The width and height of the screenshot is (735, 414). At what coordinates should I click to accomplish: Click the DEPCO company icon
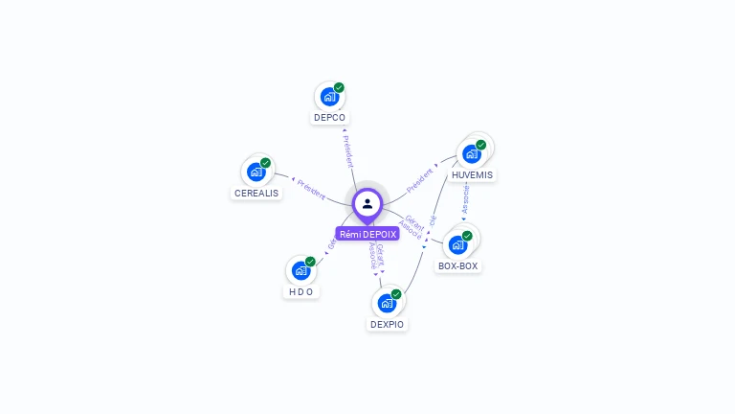click(329, 97)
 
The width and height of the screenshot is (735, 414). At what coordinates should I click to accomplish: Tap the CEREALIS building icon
click(256, 172)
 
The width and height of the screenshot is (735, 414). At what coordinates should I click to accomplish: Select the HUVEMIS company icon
click(472, 153)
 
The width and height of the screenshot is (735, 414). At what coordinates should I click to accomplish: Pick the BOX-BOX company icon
click(458, 244)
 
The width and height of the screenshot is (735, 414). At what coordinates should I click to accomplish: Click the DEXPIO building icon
click(387, 303)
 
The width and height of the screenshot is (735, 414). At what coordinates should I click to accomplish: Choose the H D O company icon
click(301, 270)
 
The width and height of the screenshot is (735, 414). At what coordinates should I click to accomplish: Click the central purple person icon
click(367, 204)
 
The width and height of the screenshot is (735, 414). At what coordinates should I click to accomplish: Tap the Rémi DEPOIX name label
click(367, 234)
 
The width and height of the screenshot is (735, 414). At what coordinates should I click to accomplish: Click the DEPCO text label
click(329, 118)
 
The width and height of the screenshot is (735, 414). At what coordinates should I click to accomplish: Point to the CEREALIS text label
click(256, 193)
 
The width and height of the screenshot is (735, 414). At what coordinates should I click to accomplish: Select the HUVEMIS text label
click(472, 175)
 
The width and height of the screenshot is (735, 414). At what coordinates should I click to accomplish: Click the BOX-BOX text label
click(457, 266)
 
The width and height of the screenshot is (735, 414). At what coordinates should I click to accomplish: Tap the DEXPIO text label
click(387, 325)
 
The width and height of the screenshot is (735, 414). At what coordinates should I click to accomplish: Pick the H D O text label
click(301, 291)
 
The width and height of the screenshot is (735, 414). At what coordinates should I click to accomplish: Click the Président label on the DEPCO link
click(347, 149)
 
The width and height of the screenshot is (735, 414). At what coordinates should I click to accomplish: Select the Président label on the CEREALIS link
click(312, 188)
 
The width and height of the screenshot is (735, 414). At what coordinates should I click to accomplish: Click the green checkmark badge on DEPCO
click(339, 88)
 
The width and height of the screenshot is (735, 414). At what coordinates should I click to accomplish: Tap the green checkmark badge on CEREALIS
click(266, 163)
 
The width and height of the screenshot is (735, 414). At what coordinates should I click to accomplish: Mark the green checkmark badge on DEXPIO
click(396, 294)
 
